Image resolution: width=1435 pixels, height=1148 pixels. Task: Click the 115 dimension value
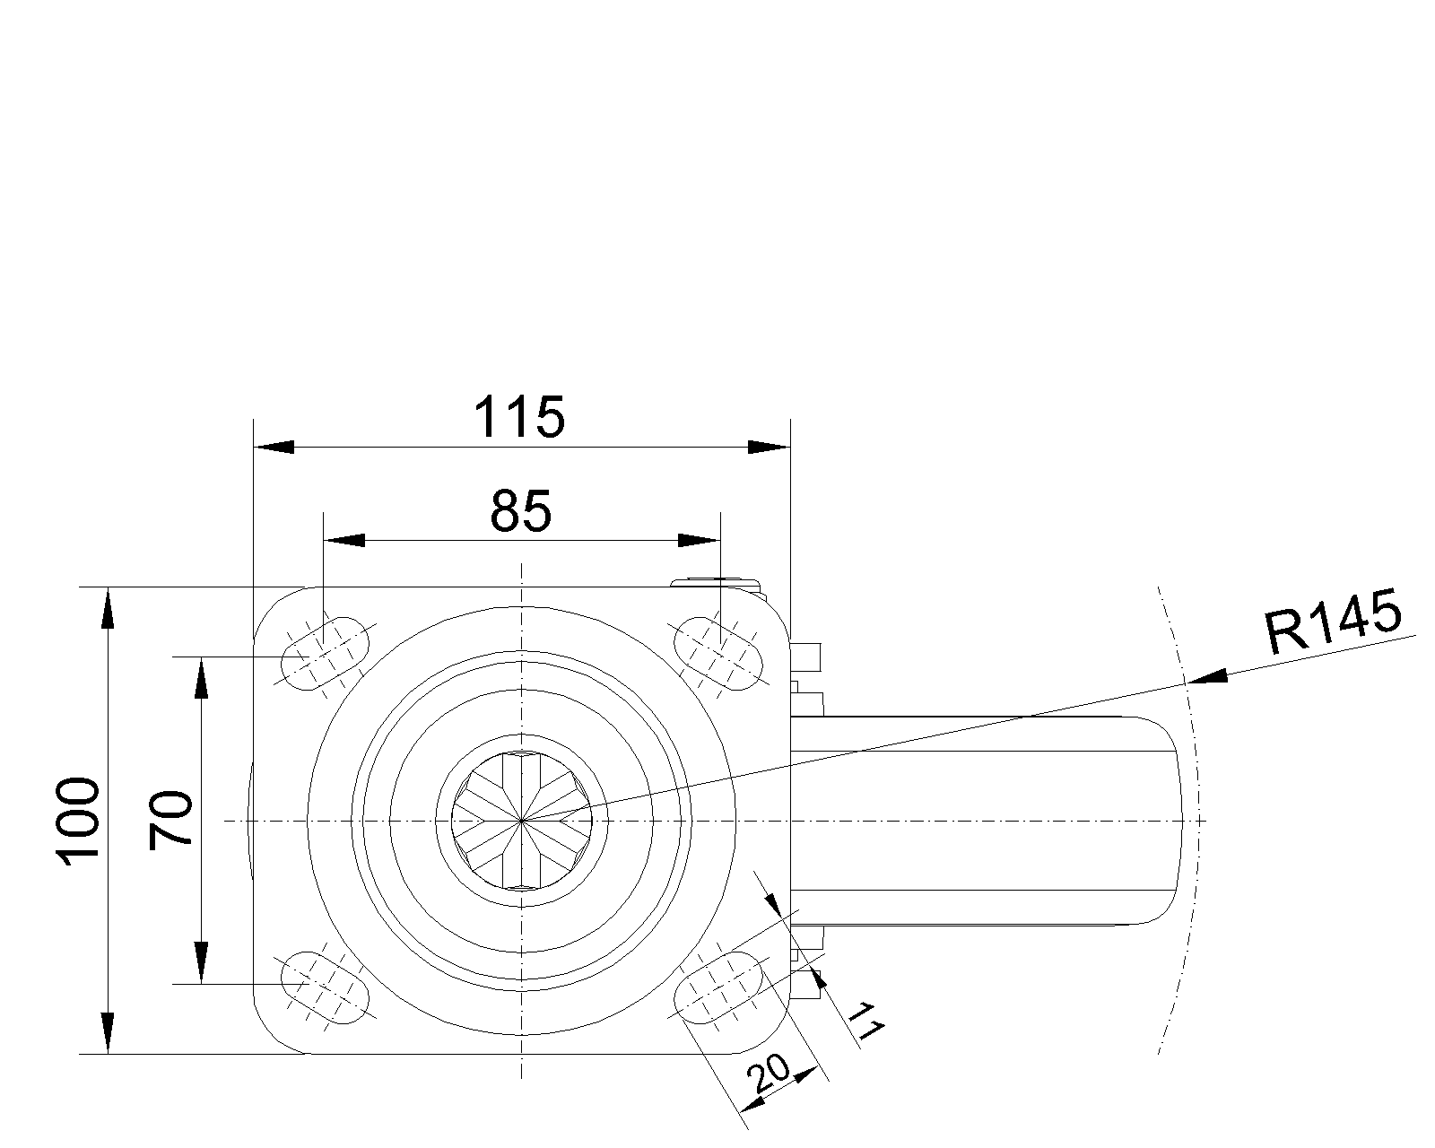point(518,417)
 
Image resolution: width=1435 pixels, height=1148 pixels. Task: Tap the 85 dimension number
point(521,511)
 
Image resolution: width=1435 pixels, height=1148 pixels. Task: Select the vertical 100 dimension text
point(79,822)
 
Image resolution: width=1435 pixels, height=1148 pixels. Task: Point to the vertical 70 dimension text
point(170,821)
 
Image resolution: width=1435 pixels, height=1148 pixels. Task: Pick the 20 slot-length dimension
point(769,1084)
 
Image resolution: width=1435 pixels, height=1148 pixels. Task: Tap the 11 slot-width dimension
point(865,1021)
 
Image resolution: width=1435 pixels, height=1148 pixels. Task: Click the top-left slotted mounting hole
point(325,654)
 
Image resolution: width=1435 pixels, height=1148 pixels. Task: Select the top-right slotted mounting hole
point(718,654)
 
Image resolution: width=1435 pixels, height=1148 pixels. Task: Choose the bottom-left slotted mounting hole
point(325,987)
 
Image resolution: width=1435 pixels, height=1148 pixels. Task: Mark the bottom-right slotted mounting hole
point(718,987)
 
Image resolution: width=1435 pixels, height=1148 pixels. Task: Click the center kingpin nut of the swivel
point(521,821)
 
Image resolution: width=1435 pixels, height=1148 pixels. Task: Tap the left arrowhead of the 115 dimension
point(274,447)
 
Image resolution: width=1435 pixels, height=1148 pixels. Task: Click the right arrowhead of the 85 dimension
point(700,540)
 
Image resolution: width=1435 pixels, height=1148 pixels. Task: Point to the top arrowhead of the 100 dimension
point(108,608)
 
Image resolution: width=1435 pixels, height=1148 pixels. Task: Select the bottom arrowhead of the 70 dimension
point(201,963)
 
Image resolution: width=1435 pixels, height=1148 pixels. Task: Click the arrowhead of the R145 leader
point(1207,677)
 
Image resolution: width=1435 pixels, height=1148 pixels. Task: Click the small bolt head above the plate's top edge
point(717,582)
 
